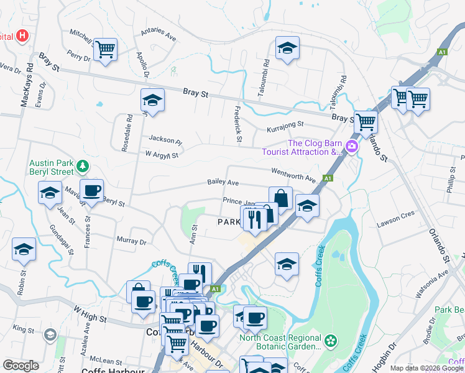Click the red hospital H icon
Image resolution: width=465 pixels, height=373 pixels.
point(23,35)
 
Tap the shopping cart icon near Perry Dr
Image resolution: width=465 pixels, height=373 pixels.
point(105,48)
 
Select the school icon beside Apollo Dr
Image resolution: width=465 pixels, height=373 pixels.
point(152,99)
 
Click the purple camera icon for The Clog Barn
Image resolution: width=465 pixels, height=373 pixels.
point(352,147)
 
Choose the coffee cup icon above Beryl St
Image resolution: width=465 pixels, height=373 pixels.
point(91,191)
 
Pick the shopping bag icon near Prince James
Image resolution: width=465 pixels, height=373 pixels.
point(280,198)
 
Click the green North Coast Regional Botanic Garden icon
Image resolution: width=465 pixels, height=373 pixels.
point(331,340)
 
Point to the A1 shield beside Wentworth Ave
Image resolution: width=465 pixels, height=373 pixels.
point(328,178)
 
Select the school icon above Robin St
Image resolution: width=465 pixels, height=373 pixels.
point(24,250)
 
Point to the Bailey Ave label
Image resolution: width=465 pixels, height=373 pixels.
point(223,183)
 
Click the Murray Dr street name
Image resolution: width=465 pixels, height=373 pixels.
point(131,241)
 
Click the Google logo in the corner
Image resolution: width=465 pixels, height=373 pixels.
point(21,365)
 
